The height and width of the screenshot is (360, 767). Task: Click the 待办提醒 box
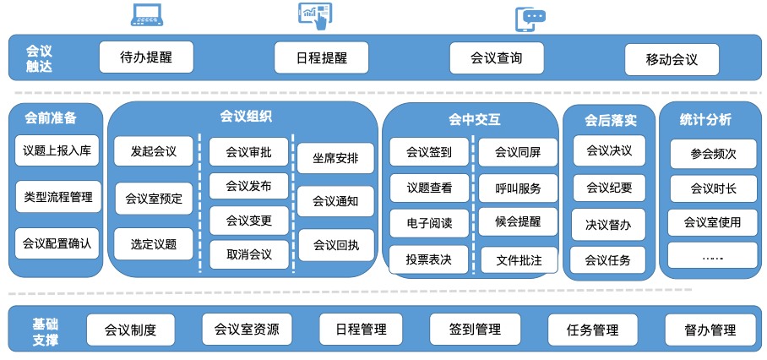point(145,57)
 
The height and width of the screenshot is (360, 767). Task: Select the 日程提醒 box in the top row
point(321,58)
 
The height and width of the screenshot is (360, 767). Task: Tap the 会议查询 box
point(496,58)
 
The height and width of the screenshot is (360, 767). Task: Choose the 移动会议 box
point(672,60)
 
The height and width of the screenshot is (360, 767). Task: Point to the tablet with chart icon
point(314,14)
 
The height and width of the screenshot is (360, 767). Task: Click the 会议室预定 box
point(154,199)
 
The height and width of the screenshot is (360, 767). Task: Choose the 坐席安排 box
point(335,158)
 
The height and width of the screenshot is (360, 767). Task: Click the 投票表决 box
point(429,259)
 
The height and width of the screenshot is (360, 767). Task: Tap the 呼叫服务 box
point(518,188)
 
